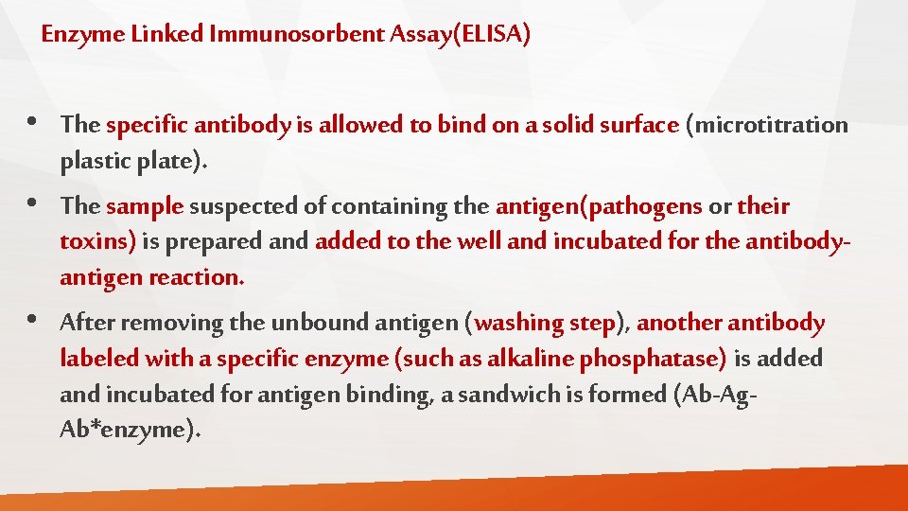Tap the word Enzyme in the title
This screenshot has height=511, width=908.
[73, 36]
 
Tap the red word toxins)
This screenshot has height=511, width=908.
[98, 241]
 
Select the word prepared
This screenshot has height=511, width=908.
[224, 242]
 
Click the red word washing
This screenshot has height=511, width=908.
[518, 323]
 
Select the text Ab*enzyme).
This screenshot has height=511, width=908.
[131, 430]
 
